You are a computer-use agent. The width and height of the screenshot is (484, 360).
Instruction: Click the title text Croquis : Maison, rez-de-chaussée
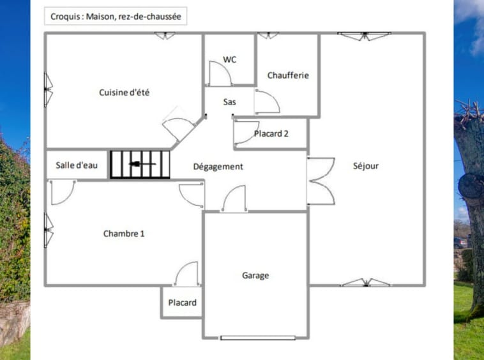115,17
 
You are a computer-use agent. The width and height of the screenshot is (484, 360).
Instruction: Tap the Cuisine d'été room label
124,93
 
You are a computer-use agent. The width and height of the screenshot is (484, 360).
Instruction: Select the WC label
230,59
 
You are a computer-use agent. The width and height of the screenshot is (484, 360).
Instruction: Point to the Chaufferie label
288,75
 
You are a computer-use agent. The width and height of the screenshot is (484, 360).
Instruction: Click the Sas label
230,101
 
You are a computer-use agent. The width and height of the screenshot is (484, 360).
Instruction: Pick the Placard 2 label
271,134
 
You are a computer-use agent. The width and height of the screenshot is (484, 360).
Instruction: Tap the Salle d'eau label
77,165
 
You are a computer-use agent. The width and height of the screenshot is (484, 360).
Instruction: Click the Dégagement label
218,167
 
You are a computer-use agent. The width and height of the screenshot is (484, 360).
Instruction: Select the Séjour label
366,166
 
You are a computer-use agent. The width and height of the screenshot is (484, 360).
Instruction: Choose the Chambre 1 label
124,234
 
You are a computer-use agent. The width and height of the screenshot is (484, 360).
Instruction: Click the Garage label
255,276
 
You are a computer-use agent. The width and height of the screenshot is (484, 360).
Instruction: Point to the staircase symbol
140,164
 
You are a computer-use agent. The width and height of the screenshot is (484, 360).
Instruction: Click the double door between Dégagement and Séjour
320,181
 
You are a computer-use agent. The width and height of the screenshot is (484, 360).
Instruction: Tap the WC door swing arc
221,73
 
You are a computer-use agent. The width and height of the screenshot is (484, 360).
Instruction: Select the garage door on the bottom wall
258,337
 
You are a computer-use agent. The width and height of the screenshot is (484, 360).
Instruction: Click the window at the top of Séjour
365,36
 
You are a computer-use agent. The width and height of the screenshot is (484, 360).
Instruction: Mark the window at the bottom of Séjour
365,282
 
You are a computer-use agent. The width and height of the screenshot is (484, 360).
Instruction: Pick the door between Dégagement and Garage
234,199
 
